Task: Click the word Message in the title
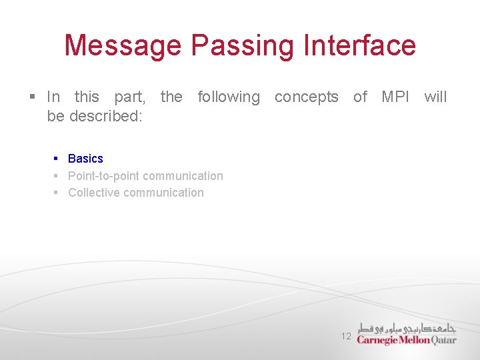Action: pyautogui.click(x=123, y=46)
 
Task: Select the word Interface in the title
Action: pyautogui.click(x=359, y=46)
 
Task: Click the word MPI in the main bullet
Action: pyautogui.click(x=396, y=97)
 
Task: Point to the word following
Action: pyautogui.click(x=229, y=97)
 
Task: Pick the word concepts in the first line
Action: pyautogui.click(x=306, y=97)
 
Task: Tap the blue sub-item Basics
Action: pyautogui.click(x=85, y=159)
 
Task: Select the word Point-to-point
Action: pyautogui.click(x=103, y=176)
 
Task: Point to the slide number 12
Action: pyautogui.click(x=346, y=337)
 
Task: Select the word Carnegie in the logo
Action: pyautogui.click(x=378, y=340)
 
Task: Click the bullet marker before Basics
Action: pyautogui.click(x=57, y=159)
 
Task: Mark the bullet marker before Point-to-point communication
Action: pyautogui.click(x=57, y=176)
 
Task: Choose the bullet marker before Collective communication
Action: pyautogui.click(x=57, y=193)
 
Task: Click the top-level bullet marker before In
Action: pyautogui.click(x=33, y=97)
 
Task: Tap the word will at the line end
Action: pyautogui.click(x=435, y=97)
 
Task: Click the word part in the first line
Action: pyautogui.click(x=129, y=97)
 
